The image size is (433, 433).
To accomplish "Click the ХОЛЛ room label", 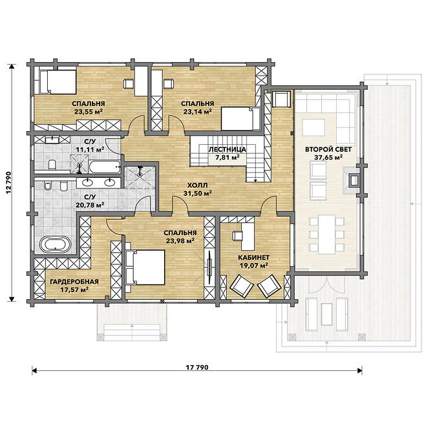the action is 197,185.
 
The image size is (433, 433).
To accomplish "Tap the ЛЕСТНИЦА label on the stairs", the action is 227,149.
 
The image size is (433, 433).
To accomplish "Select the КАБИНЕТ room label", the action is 253,257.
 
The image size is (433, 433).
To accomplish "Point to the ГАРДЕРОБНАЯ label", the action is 74,281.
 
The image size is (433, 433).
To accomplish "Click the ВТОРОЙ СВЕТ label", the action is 328,149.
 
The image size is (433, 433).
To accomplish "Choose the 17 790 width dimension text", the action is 197,367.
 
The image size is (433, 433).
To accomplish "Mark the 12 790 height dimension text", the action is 8,182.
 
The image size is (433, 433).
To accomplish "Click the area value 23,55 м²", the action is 89,112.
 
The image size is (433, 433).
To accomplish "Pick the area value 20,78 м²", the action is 90,205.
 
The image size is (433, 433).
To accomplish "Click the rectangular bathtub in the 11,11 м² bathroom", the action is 105,167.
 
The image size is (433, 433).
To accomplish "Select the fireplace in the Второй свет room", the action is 352,180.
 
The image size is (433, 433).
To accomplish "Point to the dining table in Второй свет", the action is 327,235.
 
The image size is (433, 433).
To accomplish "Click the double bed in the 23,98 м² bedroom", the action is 145,268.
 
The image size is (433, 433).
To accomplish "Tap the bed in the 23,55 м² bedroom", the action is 58,82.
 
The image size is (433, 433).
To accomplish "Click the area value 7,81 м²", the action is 227,158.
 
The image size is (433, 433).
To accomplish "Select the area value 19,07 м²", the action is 254,266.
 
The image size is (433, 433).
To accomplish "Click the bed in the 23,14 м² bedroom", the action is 241,119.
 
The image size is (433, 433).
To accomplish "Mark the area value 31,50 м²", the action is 198,193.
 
